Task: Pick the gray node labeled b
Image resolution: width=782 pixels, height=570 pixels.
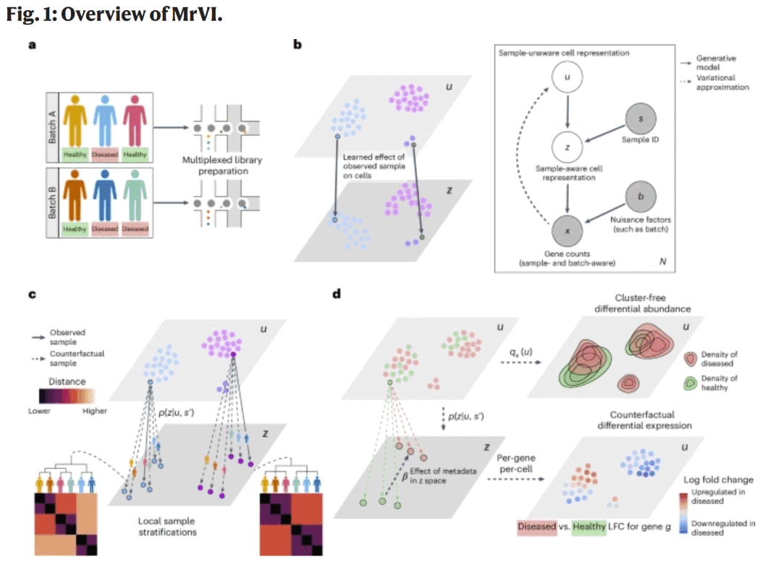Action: click(x=641, y=195)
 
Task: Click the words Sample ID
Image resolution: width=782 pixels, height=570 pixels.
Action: click(x=641, y=140)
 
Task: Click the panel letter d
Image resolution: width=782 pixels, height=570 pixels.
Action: click(x=335, y=295)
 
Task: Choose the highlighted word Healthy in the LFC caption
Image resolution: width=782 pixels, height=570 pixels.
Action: click(x=589, y=527)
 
